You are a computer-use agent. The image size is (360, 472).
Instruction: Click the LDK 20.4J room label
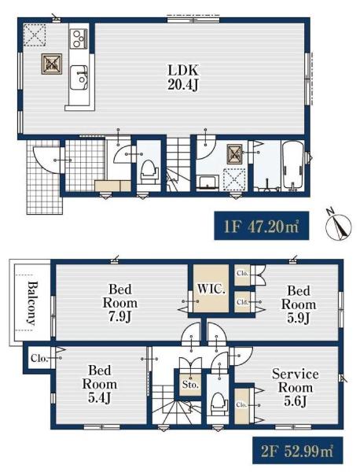(x=183, y=78)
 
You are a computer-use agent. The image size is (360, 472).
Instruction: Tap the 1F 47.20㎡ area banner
(x=261, y=226)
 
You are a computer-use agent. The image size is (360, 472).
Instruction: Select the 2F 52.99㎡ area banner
(x=297, y=450)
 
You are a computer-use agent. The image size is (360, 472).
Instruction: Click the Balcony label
(x=31, y=304)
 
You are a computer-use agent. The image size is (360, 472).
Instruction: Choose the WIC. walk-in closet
(x=211, y=288)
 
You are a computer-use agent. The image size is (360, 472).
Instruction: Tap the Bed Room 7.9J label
(x=120, y=303)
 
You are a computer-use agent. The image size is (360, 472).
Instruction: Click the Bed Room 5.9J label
(x=299, y=304)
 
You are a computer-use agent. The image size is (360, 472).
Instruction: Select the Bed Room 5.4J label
(x=100, y=384)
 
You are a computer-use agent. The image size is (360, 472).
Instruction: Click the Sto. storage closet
(x=190, y=385)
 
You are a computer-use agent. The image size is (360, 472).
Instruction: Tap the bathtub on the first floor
(x=292, y=165)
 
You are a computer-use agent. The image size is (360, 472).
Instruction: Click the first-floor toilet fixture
(x=149, y=171)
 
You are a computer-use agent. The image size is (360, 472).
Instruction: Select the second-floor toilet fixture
(x=218, y=404)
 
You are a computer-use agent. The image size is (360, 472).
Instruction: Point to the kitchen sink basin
(x=79, y=78)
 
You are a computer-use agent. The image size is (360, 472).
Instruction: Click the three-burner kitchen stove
(x=79, y=39)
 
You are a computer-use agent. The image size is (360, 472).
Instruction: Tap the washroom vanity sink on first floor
(x=208, y=183)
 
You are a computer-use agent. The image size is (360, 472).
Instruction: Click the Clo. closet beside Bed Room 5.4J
(x=40, y=358)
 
